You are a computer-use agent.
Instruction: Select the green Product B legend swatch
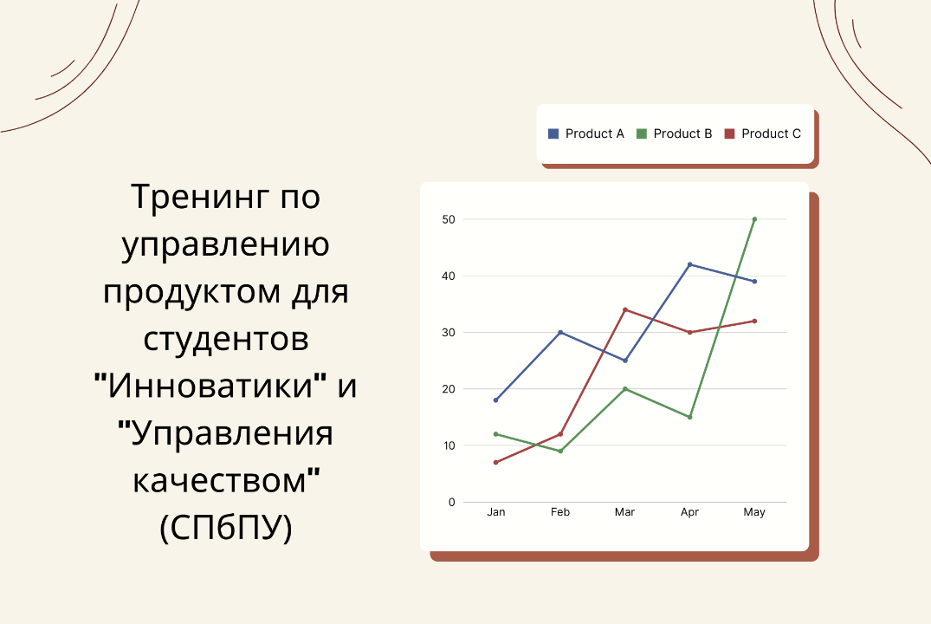pyautogui.click(x=642, y=133)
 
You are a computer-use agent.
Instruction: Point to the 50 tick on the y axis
pyautogui.click(x=448, y=219)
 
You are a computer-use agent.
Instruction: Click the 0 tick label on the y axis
pyautogui.click(x=451, y=502)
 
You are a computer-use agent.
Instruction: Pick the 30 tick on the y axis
pyautogui.click(x=448, y=333)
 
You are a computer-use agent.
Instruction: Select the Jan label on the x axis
pyautogui.click(x=495, y=512)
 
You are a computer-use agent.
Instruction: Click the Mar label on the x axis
pyautogui.click(x=624, y=512)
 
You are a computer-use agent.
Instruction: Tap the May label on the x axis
pyautogui.click(x=754, y=512)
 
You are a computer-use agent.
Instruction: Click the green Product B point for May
pyautogui.click(x=754, y=219)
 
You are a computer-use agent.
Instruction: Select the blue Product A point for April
pyautogui.click(x=689, y=264)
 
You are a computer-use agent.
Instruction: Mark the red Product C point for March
pyautogui.click(x=624, y=309)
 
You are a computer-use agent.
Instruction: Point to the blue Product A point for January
pyautogui.click(x=495, y=400)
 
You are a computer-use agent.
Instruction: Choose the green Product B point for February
pyautogui.click(x=560, y=451)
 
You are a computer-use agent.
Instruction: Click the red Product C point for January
pyautogui.click(x=495, y=462)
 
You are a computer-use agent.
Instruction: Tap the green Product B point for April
pyautogui.click(x=689, y=417)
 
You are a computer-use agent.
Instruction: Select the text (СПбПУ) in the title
pyautogui.click(x=226, y=527)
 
